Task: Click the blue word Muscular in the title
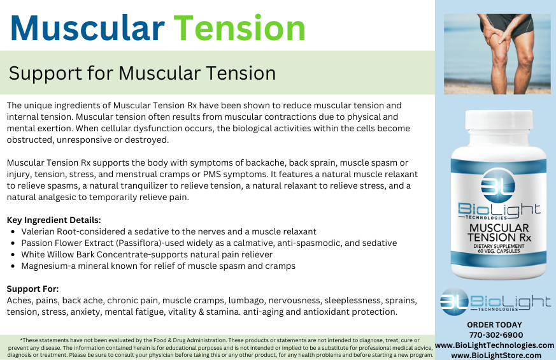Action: point(87,28)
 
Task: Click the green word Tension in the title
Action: point(239,28)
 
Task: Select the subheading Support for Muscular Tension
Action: point(142,73)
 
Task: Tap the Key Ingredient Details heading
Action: point(53,220)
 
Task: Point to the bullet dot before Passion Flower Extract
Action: point(13,243)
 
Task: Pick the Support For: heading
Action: point(32,289)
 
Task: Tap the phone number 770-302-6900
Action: point(495,335)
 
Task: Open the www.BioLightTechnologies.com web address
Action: point(495,345)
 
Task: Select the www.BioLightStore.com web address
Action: point(495,355)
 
